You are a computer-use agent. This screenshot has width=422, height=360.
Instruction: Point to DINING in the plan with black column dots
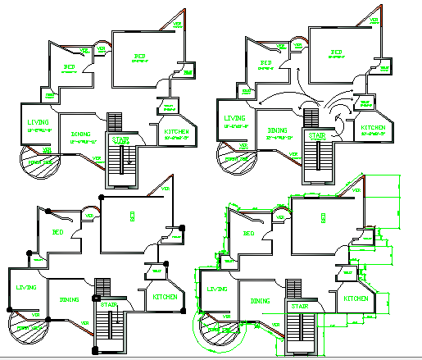pyautogui.click(x=69, y=300)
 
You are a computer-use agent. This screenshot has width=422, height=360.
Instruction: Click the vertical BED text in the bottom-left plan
pyautogui.click(x=131, y=216)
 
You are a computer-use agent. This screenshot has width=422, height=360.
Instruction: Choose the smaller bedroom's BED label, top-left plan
pyautogui.click(x=70, y=67)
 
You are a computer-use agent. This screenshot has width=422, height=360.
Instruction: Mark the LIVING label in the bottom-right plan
pyautogui.click(x=216, y=289)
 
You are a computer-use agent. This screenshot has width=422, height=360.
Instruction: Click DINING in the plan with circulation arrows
pyautogui.click(x=277, y=130)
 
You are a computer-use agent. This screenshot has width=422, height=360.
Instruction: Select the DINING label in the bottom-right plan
pyautogui.click(x=261, y=301)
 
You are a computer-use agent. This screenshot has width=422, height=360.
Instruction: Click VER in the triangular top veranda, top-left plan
pyautogui.click(x=178, y=25)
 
